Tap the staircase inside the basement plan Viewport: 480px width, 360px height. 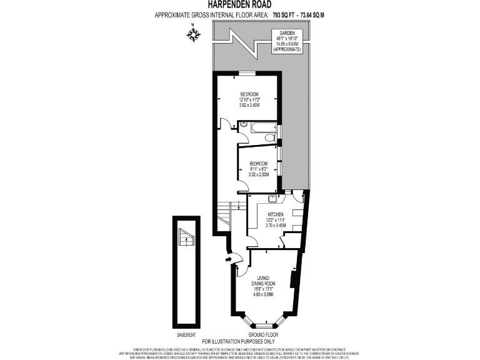point(186,237)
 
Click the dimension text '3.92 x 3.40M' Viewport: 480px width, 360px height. point(249,104)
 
